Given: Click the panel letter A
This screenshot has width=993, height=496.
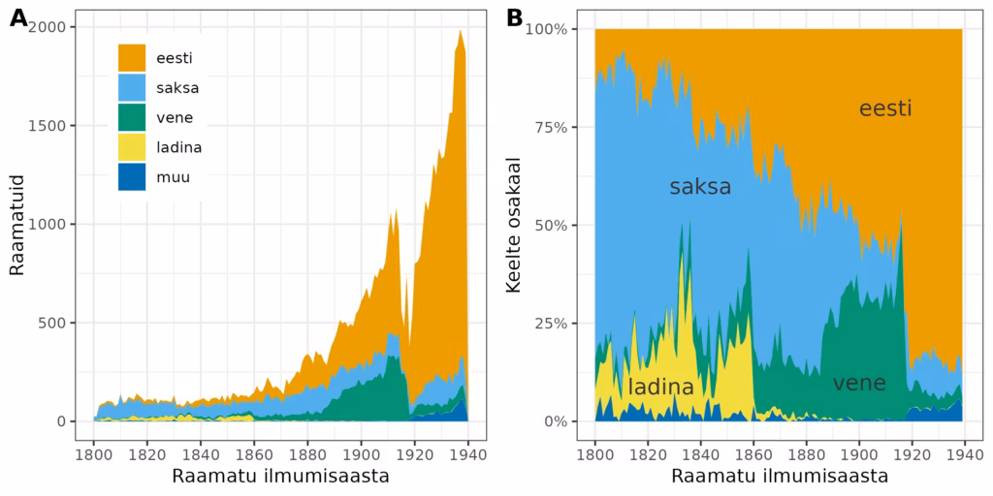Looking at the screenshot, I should (x=18, y=18).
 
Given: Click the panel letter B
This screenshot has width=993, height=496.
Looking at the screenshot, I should (x=515, y=18).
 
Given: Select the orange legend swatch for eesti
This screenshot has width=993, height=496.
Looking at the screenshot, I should (x=132, y=57).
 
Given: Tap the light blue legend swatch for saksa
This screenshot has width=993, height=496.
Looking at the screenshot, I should (x=132, y=87).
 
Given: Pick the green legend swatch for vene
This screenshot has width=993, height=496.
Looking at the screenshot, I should (x=132, y=117).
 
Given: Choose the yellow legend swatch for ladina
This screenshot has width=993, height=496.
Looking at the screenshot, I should (x=132, y=147).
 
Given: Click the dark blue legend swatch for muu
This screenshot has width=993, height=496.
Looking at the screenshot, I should (x=132, y=177).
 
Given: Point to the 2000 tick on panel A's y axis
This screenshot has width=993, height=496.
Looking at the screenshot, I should (x=46, y=27).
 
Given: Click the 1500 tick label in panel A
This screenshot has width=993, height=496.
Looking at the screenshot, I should (x=46, y=126).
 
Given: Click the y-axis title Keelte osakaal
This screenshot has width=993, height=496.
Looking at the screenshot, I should (x=515, y=225).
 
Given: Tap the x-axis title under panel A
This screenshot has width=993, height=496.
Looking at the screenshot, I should (x=280, y=477).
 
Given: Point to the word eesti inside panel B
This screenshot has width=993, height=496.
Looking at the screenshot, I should (x=885, y=108).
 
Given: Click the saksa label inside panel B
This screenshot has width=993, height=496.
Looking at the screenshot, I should (x=700, y=187).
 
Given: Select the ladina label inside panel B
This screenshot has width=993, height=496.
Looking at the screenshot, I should (x=660, y=387).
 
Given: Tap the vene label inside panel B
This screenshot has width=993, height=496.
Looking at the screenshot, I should (x=859, y=383).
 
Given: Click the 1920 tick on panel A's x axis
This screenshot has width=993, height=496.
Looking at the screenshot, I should (x=414, y=453).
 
